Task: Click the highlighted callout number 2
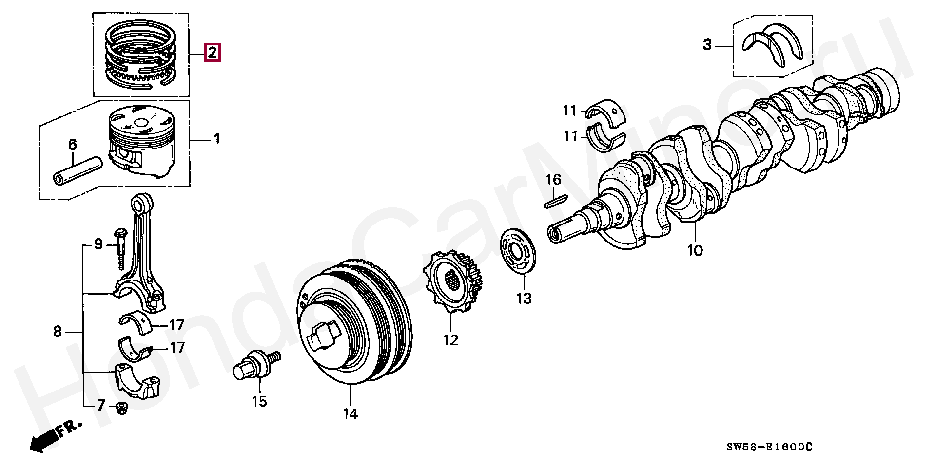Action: click(x=213, y=52)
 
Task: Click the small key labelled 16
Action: click(x=555, y=201)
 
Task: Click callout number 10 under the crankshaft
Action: click(x=695, y=251)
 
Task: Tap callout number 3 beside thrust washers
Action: click(x=707, y=45)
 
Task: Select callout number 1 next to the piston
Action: click(x=216, y=140)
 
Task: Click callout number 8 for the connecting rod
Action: click(x=58, y=332)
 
